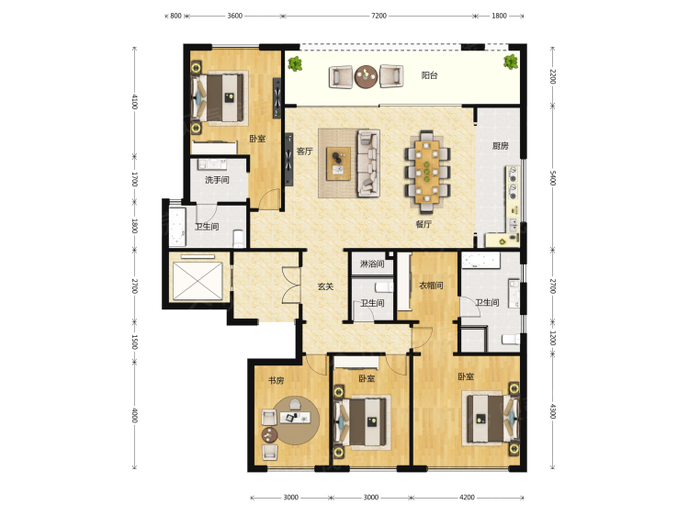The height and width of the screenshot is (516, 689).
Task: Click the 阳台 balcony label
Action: click(x=429, y=75)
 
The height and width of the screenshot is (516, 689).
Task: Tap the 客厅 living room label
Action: click(x=304, y=151)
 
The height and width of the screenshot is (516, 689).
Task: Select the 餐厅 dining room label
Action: click(x=424, y=224)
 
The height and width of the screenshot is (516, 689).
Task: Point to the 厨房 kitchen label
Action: click(x=500, y=146)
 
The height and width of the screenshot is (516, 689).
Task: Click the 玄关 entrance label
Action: click(x=325, y=286)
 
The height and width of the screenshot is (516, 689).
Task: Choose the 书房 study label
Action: click(x=276, y=380)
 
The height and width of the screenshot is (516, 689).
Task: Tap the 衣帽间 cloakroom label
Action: click(x=431, y=286)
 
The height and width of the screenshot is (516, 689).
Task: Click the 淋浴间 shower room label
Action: click(x=372, y=264)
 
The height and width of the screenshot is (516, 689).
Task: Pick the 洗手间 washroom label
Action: click(x=217, y=180)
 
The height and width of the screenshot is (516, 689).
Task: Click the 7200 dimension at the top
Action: click(x=378, y=16)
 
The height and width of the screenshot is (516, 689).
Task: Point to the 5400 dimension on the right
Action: click(x=553, y=178)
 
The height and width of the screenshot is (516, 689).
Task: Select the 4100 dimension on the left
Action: click(x=135, y=102)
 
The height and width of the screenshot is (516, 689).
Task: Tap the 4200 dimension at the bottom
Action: click(x=467, y=497)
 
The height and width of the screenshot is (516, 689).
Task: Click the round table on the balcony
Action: click(x=366, y=77)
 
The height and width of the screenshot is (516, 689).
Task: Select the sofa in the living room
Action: click(x=368, y=163)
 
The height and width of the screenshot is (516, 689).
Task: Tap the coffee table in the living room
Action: click(x=338, y=163)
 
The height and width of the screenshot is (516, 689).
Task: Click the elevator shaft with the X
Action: click(x=198, y=281)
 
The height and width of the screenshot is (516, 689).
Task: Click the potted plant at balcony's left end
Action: click(x=295, y=64)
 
